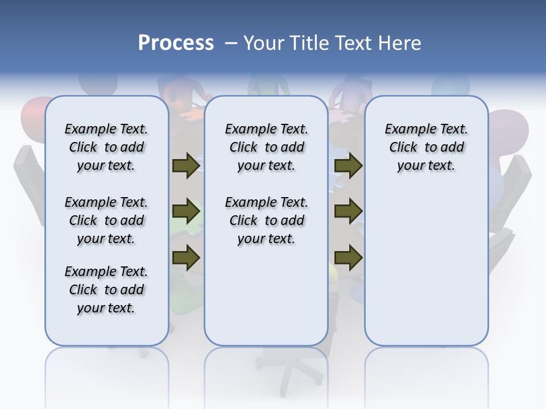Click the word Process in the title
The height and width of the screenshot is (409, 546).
(176, 43)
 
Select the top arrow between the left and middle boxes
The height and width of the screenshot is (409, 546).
(186, 165)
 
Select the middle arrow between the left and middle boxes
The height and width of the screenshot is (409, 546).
(186, 212)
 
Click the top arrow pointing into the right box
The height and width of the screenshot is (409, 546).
(349, 165)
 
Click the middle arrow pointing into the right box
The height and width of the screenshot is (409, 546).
(349, 212)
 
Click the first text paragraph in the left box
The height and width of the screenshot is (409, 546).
(106, 147)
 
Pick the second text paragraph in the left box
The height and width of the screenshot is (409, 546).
(106, 220)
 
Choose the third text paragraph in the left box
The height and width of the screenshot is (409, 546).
(106, 290)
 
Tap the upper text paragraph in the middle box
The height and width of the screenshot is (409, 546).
(266, 147)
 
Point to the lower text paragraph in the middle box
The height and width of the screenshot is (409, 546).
(266, 220)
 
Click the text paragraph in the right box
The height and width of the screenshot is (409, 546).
(426, 147)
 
